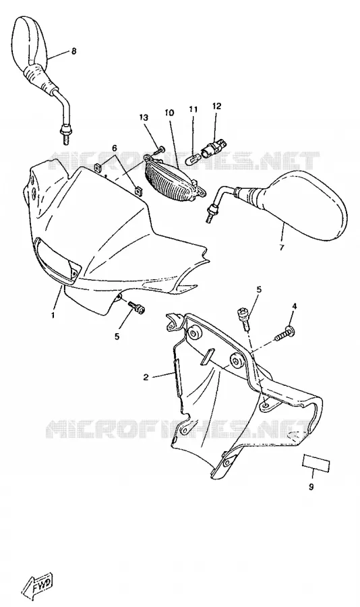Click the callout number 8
[73, 51]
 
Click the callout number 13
[144, 117]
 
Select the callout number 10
[169, 113]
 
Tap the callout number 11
[193, 109]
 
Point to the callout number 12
[217, 106]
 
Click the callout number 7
[281, 248]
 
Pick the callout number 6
[115, 148]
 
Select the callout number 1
[53, 316]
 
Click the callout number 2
[146, 377]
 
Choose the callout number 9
[311, 487]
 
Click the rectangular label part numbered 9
[316, 462]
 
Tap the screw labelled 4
[283, 334]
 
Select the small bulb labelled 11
[192, 158]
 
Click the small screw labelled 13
[159, 150]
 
